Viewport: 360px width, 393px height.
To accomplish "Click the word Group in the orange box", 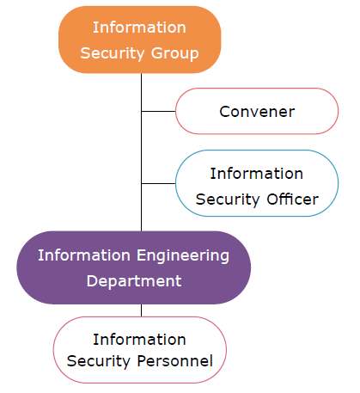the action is [174, 53].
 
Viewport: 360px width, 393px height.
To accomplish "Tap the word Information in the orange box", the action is [139, 28].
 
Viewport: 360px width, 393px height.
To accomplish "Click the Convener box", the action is [257, 111].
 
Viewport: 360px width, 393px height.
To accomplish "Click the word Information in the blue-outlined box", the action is [257, 174].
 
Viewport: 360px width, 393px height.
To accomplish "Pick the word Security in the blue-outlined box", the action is [228, 200].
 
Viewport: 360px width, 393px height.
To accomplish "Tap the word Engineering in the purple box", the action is [183, 255].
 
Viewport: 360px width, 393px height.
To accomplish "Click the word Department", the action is [134, 281].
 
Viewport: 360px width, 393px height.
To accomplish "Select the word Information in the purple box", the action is [84, 255].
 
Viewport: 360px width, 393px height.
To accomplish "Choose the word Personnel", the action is [175, 360].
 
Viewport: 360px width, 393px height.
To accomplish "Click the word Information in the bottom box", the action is [139, 340].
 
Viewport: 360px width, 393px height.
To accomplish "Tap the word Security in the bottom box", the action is [99, 361].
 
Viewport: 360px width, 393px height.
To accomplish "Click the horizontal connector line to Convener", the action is [158, 111].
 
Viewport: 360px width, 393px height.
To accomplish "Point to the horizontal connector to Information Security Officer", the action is [158, 183].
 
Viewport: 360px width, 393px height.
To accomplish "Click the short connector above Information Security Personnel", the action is [141, 310].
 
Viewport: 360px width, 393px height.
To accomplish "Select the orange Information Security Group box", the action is [140, 40].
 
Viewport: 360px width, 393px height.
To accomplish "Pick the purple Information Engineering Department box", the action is [134, 267].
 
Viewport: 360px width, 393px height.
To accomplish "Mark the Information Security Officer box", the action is [257, 183].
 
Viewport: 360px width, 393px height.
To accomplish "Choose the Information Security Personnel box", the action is [140, 350].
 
